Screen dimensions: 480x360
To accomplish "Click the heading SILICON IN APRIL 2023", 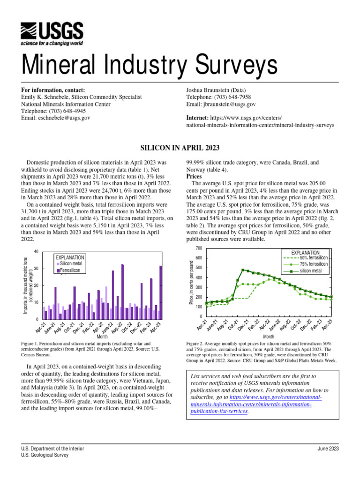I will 180,148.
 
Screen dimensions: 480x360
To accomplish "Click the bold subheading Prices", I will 194,177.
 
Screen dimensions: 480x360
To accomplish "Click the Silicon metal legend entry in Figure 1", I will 70,264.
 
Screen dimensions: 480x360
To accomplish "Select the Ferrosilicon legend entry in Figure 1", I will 70,270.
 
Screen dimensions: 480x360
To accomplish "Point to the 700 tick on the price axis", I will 199,248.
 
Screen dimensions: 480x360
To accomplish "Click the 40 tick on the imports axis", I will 36,252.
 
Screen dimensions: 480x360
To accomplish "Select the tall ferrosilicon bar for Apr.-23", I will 161,292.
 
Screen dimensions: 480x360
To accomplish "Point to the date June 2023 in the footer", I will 328,449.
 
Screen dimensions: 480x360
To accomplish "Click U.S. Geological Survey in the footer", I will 45,455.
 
